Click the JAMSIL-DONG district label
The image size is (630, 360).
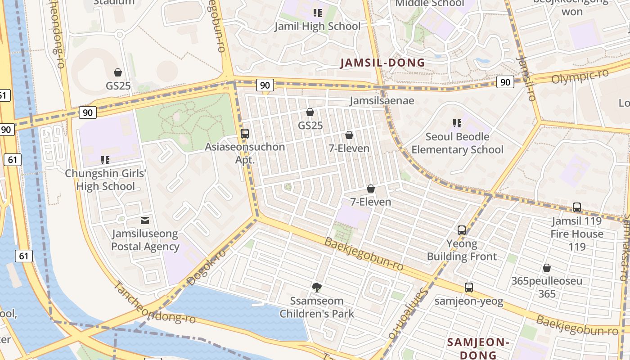click(382, 63)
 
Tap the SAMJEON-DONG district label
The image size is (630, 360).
click(478, 348)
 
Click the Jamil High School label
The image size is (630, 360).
click(318, 27)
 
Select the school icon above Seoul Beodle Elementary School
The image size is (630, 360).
click(457, 123)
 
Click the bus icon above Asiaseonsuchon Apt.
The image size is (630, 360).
click(245, 133)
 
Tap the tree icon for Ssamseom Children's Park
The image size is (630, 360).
click(317, 287)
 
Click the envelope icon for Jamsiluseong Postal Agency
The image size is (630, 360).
click(145, 220)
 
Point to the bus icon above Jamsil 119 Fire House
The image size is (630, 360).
click(577, 207)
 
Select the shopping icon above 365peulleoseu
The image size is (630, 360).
click(547, 268)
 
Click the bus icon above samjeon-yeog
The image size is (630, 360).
click(469, 287)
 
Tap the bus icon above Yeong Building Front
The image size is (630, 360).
click(462, 230)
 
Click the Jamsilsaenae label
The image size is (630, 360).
click(382, 100)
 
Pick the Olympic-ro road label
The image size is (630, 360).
click(580, 76)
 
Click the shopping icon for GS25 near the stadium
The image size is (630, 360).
click(118, 72)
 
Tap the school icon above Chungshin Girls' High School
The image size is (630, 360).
click(105, 160)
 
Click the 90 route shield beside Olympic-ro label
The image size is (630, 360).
click(505, 82)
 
